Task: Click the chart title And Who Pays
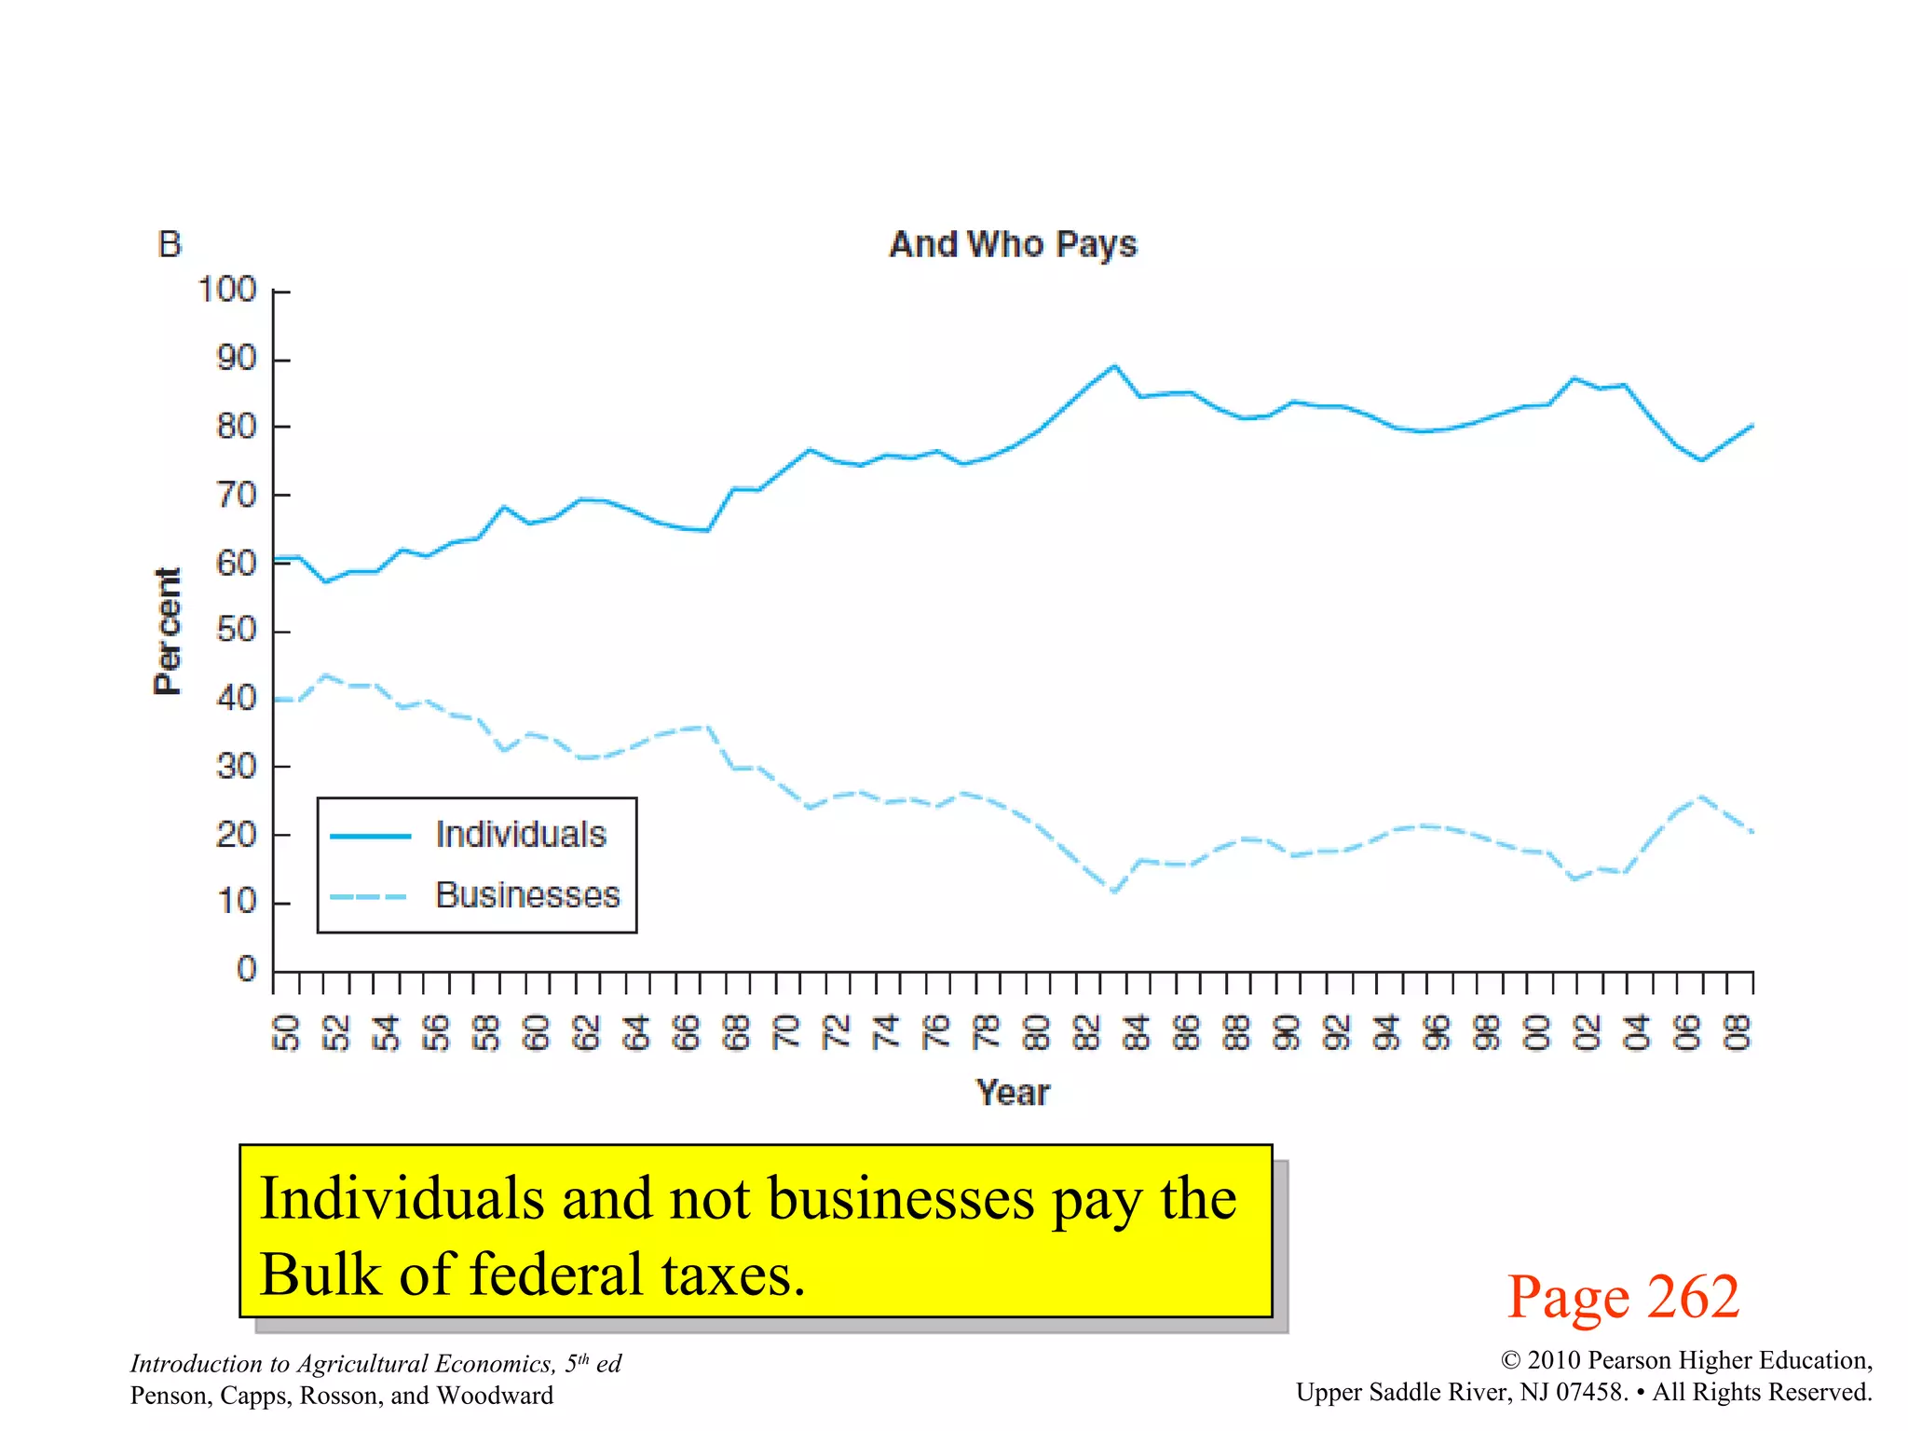(x=1013, y=245)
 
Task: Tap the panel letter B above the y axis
(x=170, y=245)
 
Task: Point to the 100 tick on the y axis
(x=226, y=290)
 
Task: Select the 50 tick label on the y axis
(x=236, y=631)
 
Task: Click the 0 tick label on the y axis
(x=247, y=969)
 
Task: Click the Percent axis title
(x=168, y=631)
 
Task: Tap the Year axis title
(x=1013, y=1093)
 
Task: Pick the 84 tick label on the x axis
(x=1136, y=1032)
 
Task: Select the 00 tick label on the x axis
(x=1537, y=1032)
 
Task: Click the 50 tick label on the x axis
(x=286, y=1032)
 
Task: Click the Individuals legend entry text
(x=521, y=835)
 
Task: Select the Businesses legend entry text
(x=527, y=895)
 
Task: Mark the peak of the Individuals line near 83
(x=1114, y=365)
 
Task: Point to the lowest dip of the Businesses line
(x=1114, y=892)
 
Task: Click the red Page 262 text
(x=1623, y=1297)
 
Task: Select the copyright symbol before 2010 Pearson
(x=1510, y=1361)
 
